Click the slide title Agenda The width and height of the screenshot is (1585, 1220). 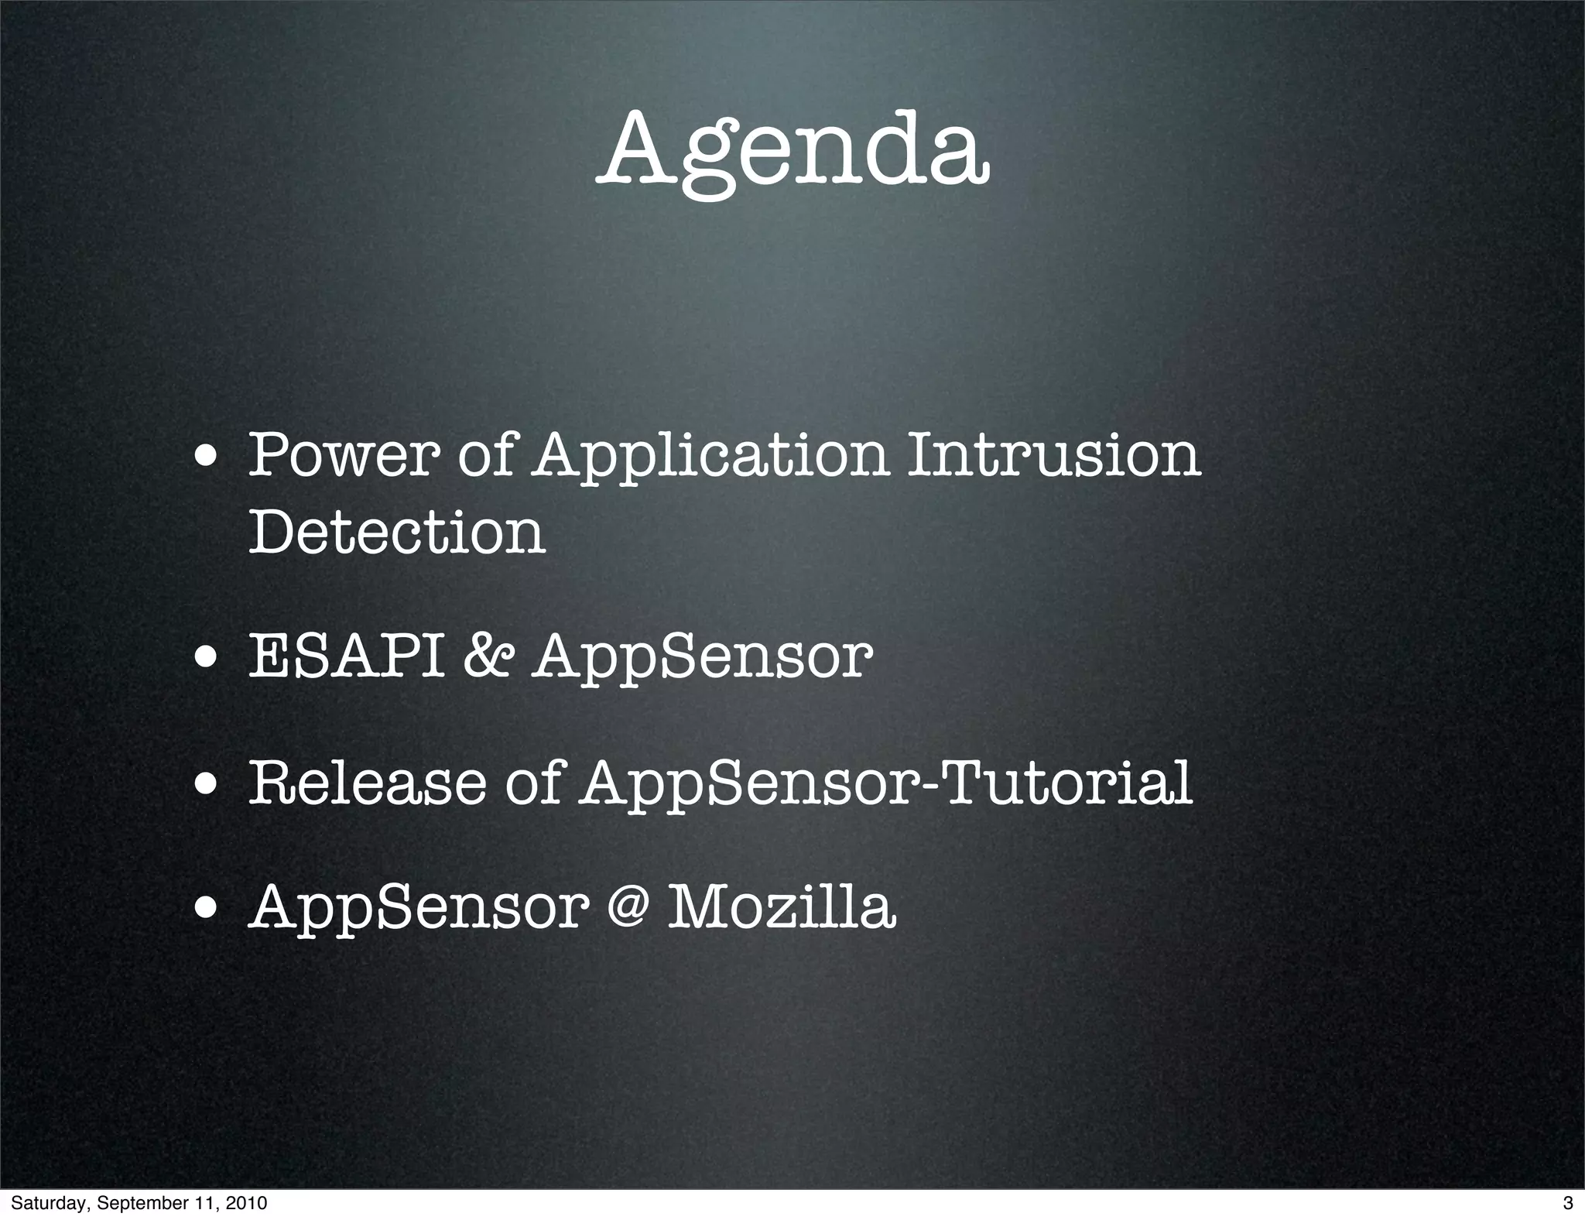pyautogui.click(x=794, y=151)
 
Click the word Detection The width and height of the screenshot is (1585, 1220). pyautogui.click(x=397, y=533)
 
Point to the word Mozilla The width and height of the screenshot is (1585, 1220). pyautogui.click(x=782, y=907)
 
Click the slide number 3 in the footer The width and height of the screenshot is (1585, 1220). pyautogui.click(x=1567, y=1203)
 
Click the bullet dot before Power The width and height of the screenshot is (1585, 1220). pyautogui.click(x=205, y=457)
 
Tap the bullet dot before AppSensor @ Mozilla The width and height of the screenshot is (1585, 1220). pyautogui.click(x=205, y=910)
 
